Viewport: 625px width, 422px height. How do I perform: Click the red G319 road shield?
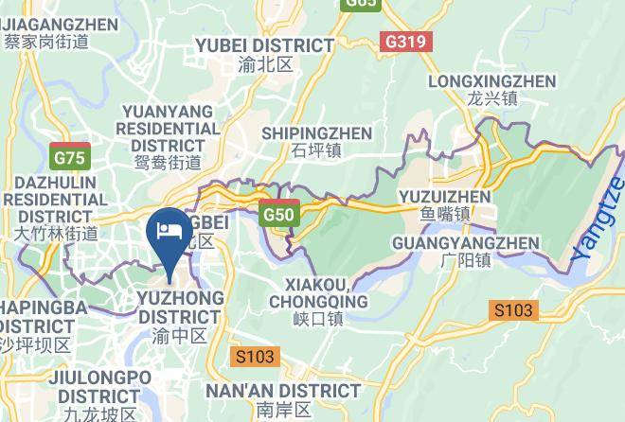(x=406, y=43)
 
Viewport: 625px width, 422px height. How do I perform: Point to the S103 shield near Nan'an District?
(x=254, y=357)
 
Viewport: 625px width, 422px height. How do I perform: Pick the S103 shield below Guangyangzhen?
(x=513, y=309)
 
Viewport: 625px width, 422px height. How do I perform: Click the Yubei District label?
(x=264, y=45)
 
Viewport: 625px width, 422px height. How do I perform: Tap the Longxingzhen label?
(x=491, y=81)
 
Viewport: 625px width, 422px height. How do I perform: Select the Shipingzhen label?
(x=316, y=133)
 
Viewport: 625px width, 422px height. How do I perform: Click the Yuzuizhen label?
(x=444, y=197)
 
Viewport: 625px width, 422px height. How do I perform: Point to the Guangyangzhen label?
(x=465, y=243)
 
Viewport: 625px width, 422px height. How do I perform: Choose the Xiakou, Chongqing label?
(x=317, y=293)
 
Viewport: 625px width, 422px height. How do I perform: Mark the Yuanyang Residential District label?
(x=170, y=128)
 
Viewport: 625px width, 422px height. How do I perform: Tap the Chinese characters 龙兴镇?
(x=491, y=98)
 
